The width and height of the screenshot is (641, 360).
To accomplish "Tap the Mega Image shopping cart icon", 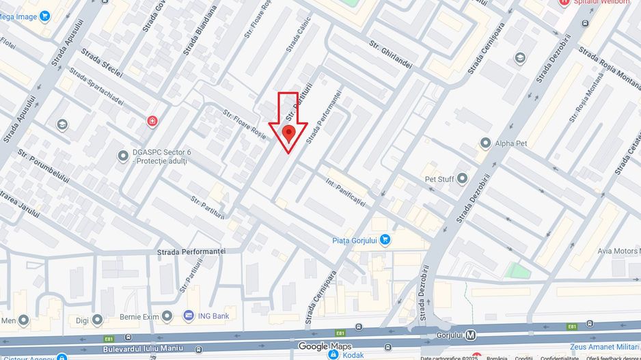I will pos(45,16).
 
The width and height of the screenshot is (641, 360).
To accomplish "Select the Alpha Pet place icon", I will pos(485,143).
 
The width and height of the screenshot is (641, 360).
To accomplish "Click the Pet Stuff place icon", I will pos(462,179).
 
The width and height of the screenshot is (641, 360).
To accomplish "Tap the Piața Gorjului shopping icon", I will pos(385,240).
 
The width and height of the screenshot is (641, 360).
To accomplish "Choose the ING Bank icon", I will pos(189,316).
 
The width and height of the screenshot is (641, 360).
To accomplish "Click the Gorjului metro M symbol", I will pos(471,335).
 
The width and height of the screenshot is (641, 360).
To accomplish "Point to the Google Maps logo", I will pos(324,346).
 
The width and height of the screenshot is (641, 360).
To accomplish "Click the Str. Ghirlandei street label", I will pos(390,55).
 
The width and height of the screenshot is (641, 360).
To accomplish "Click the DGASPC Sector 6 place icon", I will pos(123,156).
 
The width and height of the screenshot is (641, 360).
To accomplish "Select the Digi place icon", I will pos(97,319).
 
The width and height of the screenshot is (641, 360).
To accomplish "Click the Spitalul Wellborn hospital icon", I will pos(564,3).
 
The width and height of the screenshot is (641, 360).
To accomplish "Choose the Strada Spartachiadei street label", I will pos(96,87).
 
